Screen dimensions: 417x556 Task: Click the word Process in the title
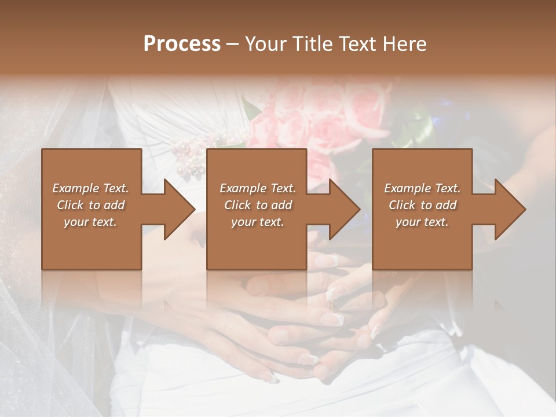point(182,44)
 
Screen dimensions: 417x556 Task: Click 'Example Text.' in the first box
point(90,188)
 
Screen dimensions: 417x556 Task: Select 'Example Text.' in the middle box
point(257,188)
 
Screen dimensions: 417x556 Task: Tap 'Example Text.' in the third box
point(422,188)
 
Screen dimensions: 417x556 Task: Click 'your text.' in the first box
point(90,222)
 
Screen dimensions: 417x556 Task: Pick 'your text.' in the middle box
point(257,222)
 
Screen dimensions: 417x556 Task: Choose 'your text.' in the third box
point(422,222)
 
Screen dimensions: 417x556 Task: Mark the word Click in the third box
point(403,205)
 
